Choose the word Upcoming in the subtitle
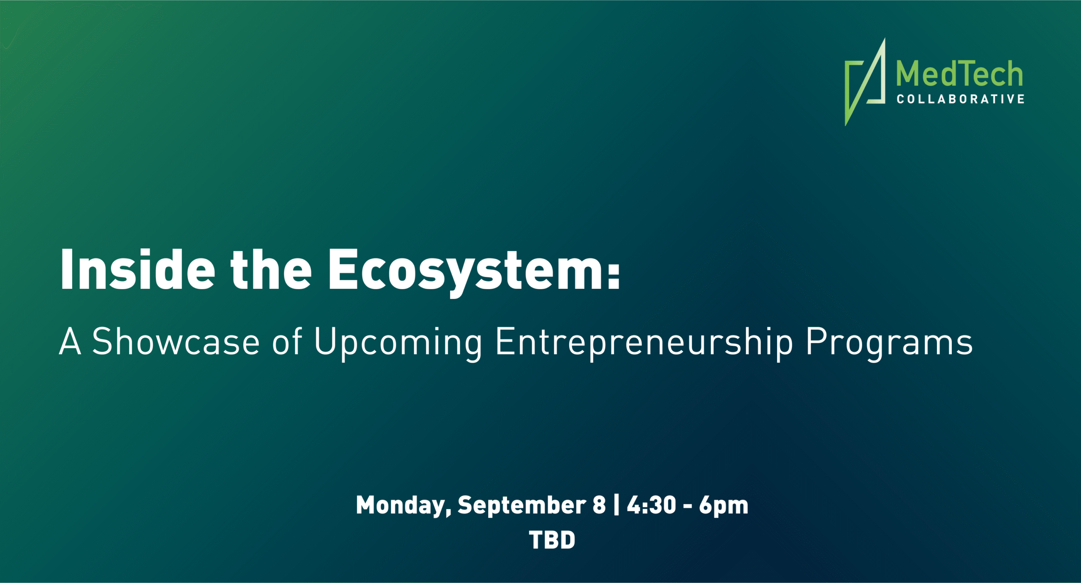click(398, 344)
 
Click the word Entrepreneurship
click(644, 344)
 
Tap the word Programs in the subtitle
click(889, 344)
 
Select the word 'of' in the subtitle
click(287, 341)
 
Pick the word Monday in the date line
click(404, 506)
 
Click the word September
click(522, 506)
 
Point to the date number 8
click(599, 505)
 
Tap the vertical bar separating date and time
click(617, 505)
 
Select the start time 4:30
click(651, 505)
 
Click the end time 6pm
click(723, 506)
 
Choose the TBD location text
click(552, 540)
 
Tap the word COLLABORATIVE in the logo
click(961, 99)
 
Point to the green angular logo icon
click(865, 82)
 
